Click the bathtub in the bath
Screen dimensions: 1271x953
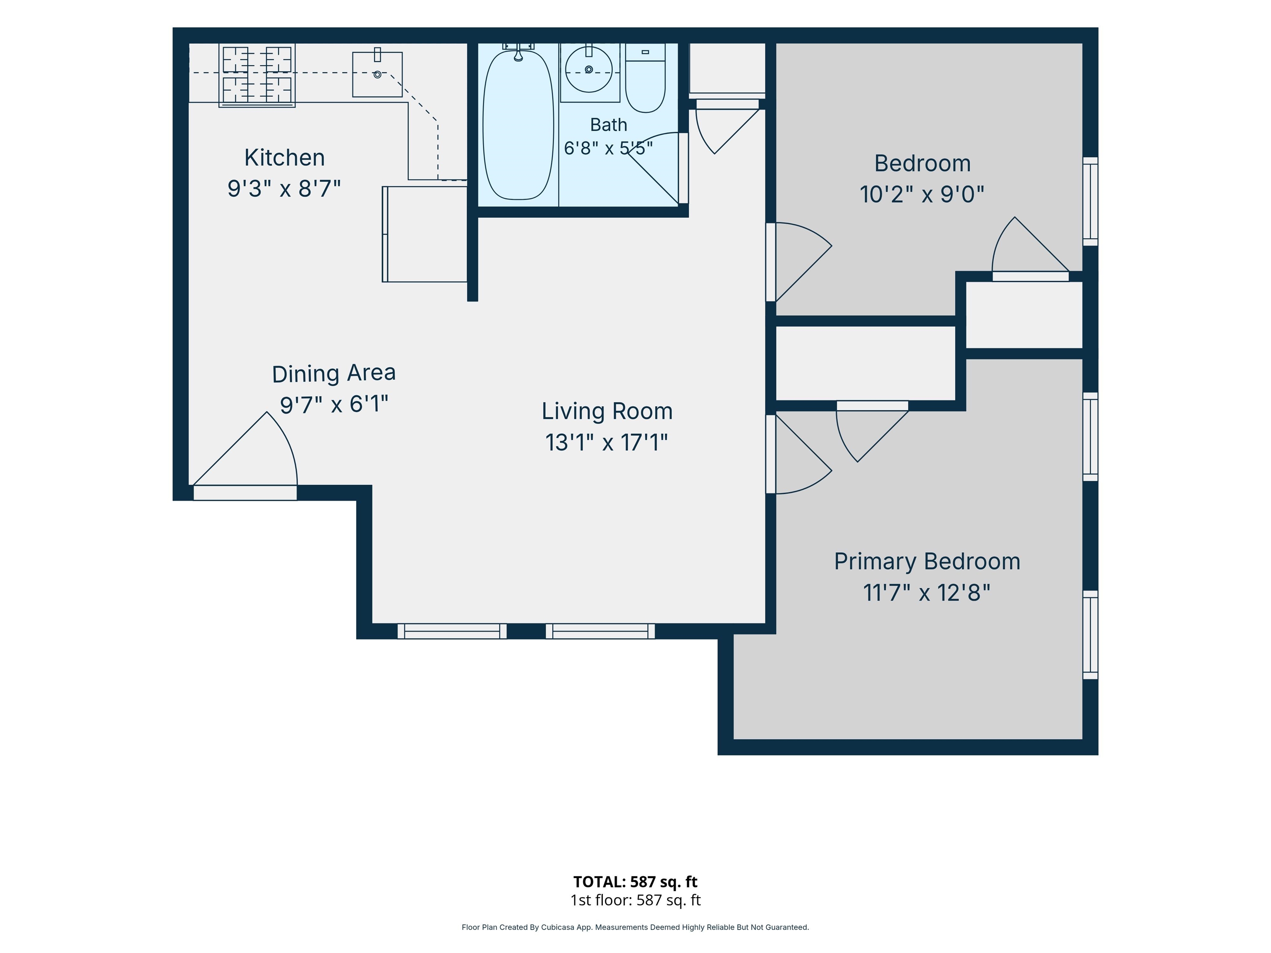518,125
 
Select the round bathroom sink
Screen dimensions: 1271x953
589,69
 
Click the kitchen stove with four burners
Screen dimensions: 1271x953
257,75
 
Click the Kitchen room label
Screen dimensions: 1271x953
284,158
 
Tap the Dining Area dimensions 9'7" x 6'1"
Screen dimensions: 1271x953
334,405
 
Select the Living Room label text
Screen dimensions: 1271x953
607,411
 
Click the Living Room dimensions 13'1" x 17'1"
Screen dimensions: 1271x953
607,442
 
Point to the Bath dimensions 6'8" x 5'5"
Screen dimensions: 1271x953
609,148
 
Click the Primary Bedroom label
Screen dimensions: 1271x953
927,562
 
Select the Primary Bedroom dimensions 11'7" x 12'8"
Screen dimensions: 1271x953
927,593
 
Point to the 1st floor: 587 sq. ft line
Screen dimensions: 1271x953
635,900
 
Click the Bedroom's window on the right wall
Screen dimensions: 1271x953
1091,201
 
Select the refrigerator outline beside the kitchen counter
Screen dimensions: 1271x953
424,234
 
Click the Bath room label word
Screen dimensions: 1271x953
609,125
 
